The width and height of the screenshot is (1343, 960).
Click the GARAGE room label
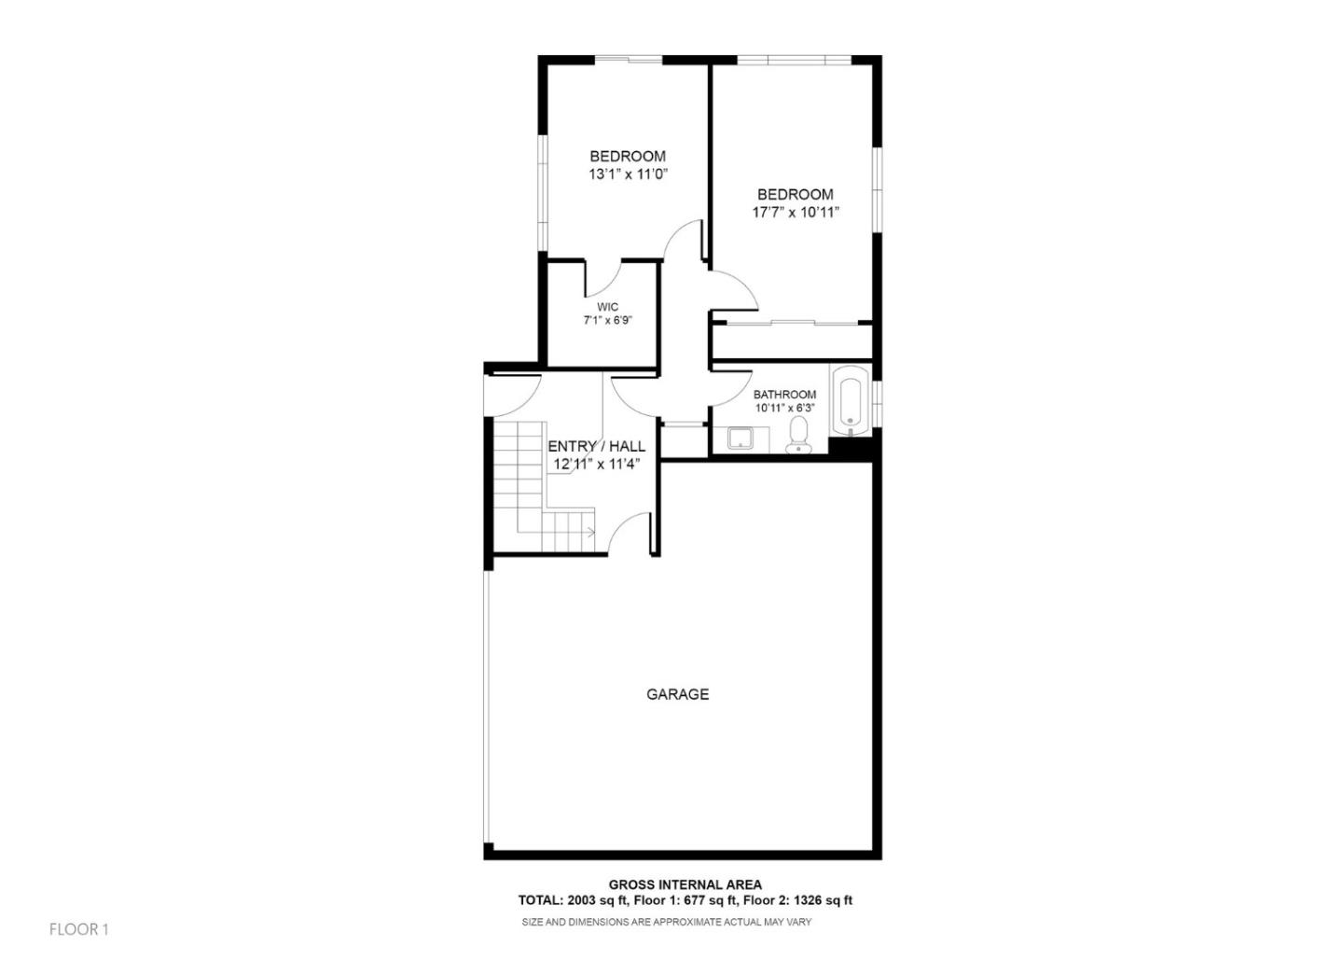point(677,694)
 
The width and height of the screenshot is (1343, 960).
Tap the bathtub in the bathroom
point(850,402)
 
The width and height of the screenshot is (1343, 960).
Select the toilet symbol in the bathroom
point(798,435)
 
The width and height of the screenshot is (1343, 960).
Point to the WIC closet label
point(607,307)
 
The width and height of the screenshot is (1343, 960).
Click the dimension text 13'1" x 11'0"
point(628,174)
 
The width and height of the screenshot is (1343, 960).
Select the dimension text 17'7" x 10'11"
point(795,213)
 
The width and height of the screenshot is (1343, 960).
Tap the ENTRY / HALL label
point(596,447)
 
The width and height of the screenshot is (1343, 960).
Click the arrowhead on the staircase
point(591,533)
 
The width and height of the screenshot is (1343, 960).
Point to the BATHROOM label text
point(784,395)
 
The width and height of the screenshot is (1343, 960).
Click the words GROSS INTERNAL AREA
point(685,884)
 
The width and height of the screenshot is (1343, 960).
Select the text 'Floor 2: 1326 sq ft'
point(798,901)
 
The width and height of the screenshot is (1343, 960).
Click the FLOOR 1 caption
point(79,929)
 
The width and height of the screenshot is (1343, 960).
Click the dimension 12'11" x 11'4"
point(596,465)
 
